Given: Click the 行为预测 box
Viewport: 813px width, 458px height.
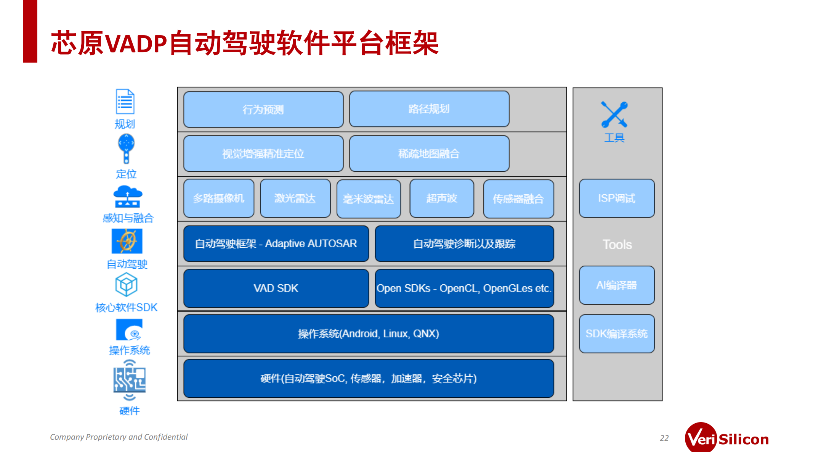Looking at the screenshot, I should [x=263, y=110].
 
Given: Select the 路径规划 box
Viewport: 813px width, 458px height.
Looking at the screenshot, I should [x=429, y=109].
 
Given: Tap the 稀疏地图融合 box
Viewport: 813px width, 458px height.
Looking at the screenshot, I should [x=429, y=153].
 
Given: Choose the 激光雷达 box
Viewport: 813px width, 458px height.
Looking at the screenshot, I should [x=295, y=198].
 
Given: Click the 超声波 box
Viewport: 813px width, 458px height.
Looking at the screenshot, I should [x=441, y=198].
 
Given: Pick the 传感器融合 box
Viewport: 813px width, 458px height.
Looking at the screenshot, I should [x=518, y=199].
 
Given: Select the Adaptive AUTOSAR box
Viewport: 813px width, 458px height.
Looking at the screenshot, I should [x=276, y=244].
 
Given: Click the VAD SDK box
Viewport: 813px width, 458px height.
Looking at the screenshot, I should [x=276, y=288].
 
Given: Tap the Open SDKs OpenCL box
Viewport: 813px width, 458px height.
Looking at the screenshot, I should [x=464, y=288].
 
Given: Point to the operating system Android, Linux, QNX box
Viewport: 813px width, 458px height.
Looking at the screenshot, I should [x=368, y=334].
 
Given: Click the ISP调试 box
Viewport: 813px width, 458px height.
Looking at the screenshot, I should [x=616, y=198].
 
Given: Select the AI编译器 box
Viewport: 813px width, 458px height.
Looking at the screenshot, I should [x=616, y=285].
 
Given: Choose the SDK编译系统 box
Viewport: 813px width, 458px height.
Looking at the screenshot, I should [x=616, y=334].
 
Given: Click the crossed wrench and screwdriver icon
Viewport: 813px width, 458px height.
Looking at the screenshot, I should [x=614, y=114].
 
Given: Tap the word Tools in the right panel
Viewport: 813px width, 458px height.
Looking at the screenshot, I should [x=617, y=245].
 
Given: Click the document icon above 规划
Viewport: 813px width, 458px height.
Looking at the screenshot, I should [x=125, y=102].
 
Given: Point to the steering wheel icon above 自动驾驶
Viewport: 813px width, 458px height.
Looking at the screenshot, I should [x=127, y=241].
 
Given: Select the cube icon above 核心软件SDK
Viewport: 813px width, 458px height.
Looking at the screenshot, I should [x=126, y=285].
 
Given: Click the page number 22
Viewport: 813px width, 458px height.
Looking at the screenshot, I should [x=664, y=438].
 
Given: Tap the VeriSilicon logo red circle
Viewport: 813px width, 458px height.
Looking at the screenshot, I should [x=701, y=438].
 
